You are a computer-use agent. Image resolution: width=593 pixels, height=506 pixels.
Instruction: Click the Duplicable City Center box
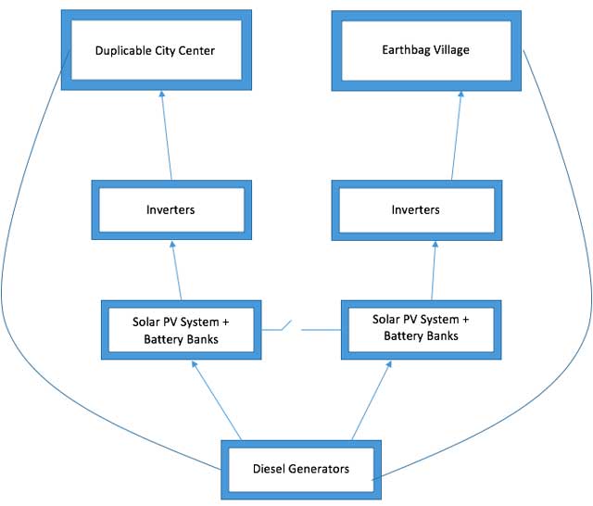coord(157,50)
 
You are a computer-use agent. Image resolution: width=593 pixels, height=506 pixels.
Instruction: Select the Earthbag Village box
coord(426,51)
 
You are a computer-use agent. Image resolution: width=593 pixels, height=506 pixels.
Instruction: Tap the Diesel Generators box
coord(301,470)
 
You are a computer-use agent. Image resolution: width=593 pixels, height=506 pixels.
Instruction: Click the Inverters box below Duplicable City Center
coord(171,209)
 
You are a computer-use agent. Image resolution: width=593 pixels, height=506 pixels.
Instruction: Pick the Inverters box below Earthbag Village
coord(417,210)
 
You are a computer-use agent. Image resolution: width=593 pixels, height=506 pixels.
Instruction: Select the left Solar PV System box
coord(182,330)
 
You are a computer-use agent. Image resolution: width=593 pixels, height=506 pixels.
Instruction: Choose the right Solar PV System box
coord(422,330)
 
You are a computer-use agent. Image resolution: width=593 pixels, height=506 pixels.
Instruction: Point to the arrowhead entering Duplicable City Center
coord(161,94)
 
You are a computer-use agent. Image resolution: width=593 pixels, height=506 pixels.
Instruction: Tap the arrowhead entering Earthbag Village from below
coord(461,94)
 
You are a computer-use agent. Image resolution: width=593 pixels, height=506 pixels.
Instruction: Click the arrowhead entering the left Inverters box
coord(172,245)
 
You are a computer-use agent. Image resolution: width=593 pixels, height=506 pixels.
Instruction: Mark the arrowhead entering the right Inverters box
coord(435,245)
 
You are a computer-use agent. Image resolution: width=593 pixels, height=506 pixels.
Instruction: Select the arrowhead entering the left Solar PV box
coord(194,364)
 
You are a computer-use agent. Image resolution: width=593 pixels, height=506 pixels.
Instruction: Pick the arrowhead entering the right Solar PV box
coord(389,364)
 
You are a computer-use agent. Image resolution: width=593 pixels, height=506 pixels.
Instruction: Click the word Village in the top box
coord(451,50)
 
